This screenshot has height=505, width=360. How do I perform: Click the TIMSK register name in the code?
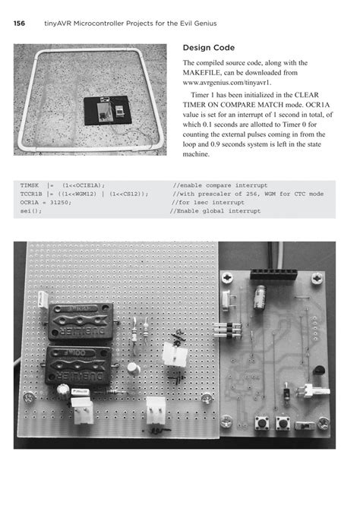29,185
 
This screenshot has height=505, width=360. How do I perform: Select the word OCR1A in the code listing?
29,203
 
